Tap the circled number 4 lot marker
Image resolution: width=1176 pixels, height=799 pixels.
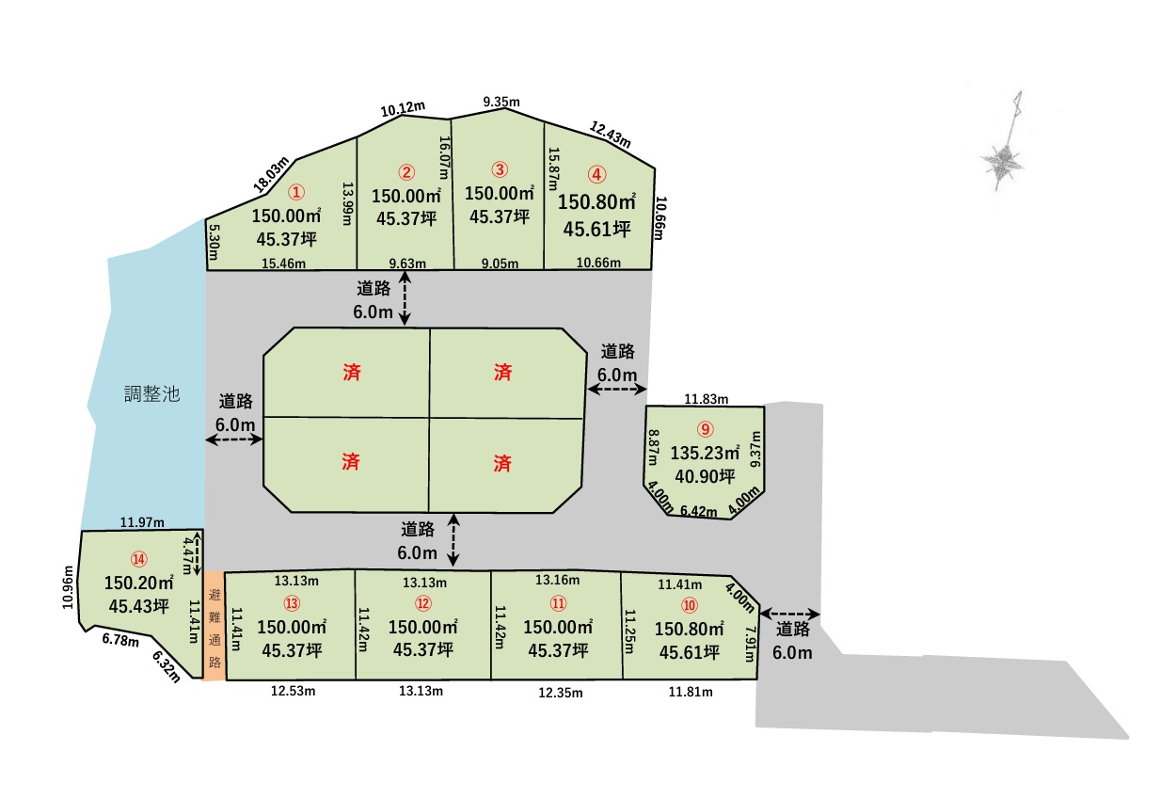596,174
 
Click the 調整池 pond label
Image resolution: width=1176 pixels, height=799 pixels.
152,394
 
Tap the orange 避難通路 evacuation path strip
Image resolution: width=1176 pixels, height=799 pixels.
215,625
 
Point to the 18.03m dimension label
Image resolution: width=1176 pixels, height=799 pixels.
271,176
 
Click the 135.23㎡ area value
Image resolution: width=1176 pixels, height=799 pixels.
706,453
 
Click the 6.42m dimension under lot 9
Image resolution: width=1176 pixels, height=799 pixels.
698,512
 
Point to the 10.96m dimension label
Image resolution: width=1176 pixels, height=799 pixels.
68,588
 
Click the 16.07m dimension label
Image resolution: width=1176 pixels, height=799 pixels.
445,157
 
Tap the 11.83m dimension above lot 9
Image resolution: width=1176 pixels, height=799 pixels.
706,399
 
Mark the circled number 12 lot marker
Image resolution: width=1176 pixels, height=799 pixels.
423,603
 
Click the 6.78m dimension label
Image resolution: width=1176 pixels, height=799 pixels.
120,642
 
